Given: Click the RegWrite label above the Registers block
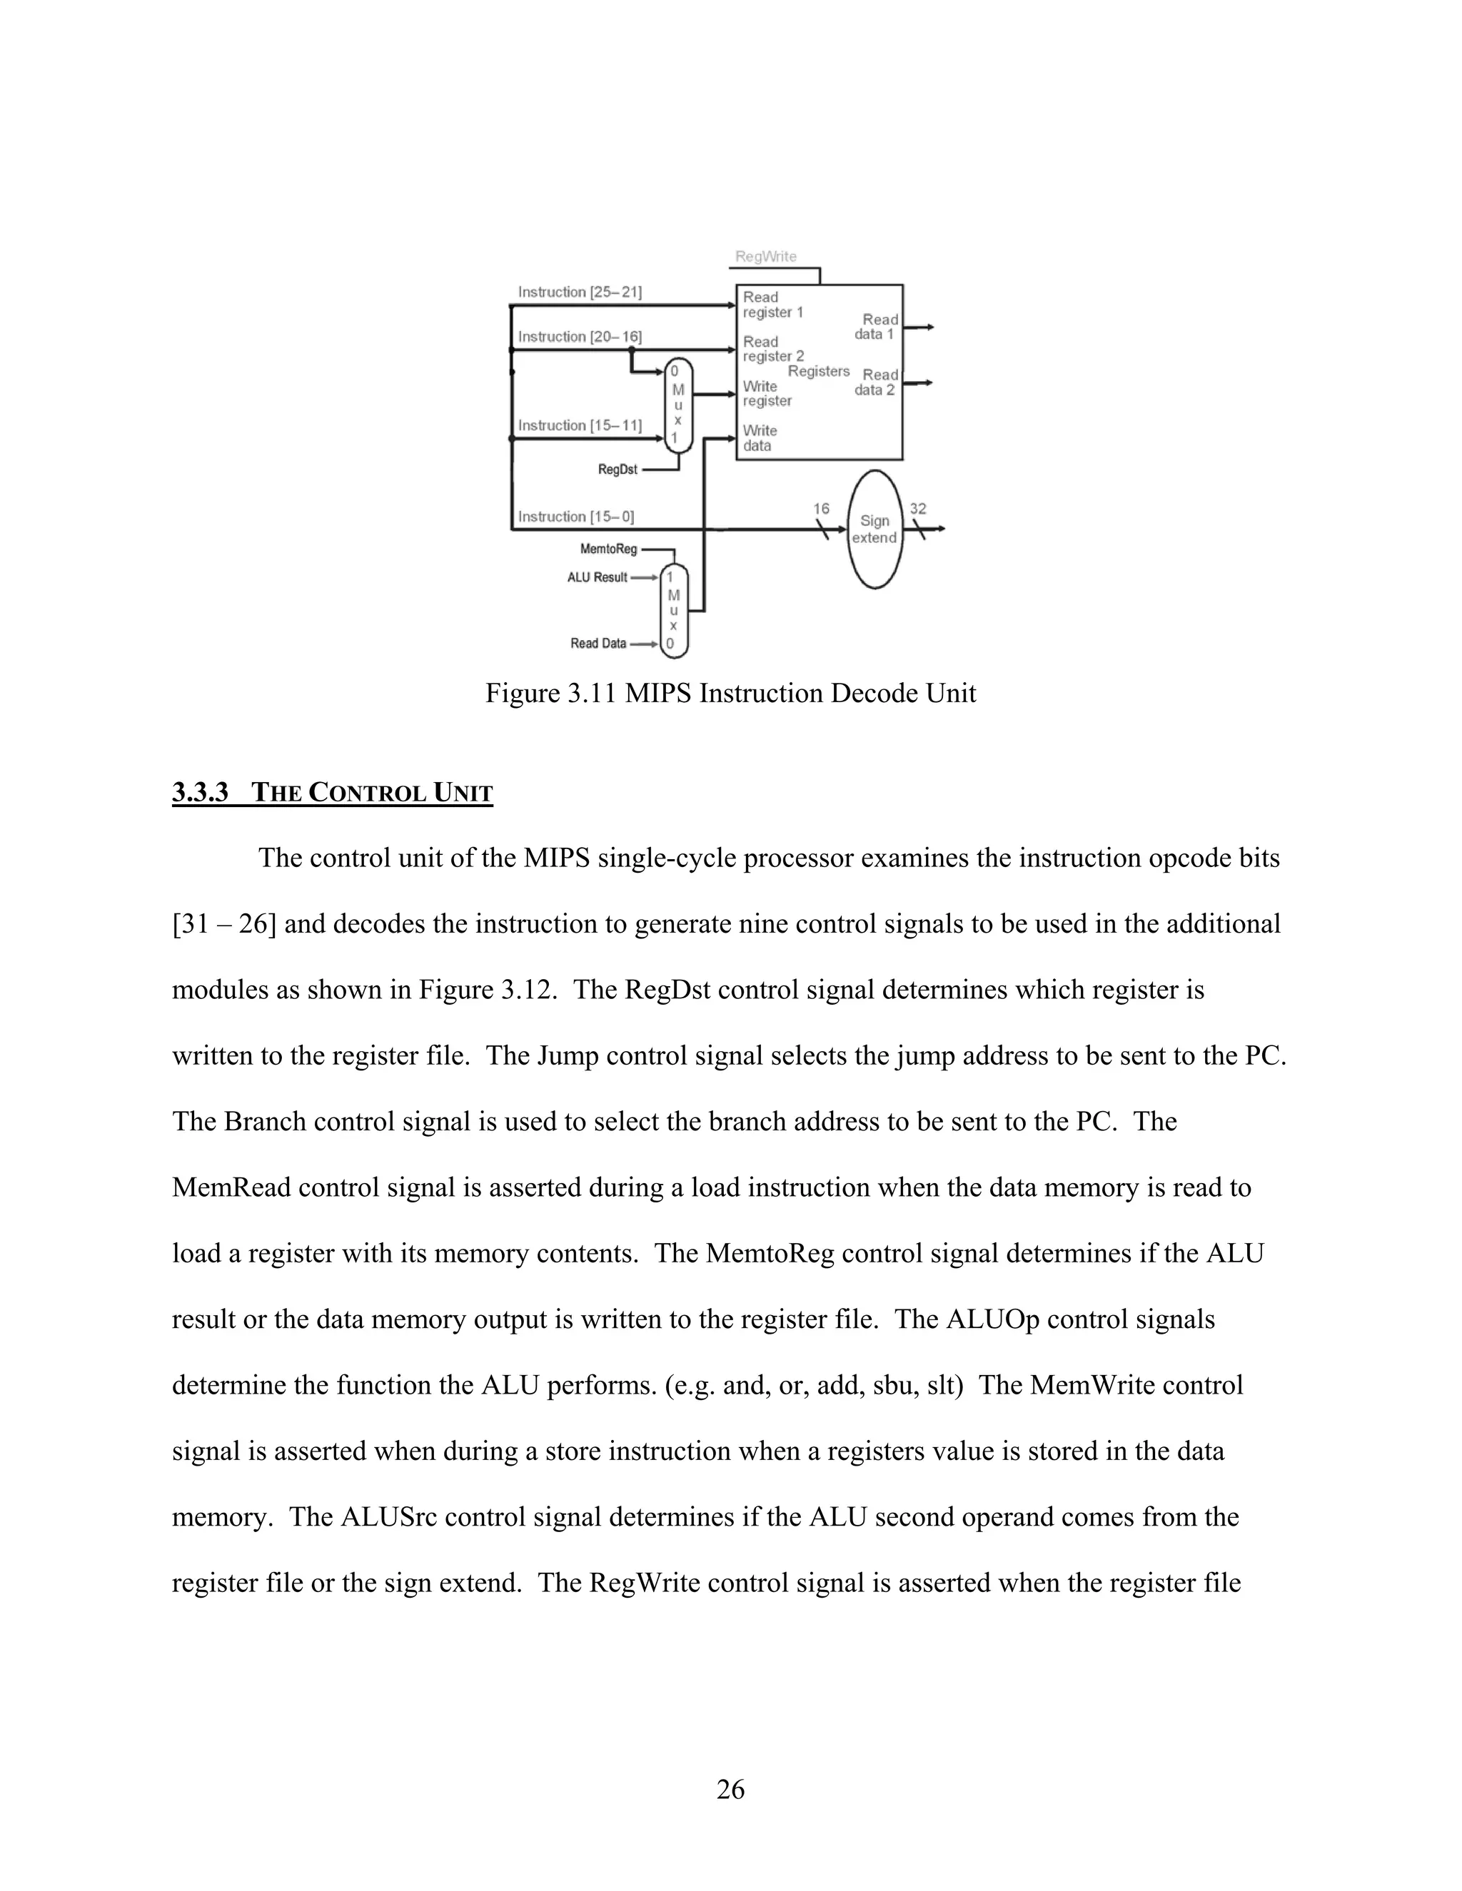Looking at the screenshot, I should (x=766, y=256).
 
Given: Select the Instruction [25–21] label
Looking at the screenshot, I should (x=580, y=293).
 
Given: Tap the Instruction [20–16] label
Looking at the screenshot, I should (x=580, y=337).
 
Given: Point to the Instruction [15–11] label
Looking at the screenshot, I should (x=580, y=426).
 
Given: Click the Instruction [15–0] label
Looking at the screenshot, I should (x=575, y=517).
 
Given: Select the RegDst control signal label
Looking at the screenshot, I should (x=617, y=470).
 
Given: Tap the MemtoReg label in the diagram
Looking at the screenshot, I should (x=608, y=549).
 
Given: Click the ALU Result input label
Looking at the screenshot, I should (x=597, y=577).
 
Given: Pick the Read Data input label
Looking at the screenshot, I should (x=598, y=644).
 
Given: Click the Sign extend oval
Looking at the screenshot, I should (x=874, y=529).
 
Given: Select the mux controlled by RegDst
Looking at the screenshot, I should (x=679, y=405).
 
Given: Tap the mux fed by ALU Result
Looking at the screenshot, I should (x=673, y=610).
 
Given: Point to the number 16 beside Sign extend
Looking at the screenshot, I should (x=821, y=508).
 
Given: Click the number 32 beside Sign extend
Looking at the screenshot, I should (x=918, y=508).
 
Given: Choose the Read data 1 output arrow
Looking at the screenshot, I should (x=919, y=328).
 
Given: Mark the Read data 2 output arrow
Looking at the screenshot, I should (x=919, y=382).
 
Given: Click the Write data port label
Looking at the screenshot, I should (x=759, y=438).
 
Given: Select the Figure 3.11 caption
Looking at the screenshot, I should (x=730, y=694).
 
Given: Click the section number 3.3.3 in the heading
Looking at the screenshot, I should (x=199, y=792).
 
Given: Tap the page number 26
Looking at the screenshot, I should (x=730, y=1790).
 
